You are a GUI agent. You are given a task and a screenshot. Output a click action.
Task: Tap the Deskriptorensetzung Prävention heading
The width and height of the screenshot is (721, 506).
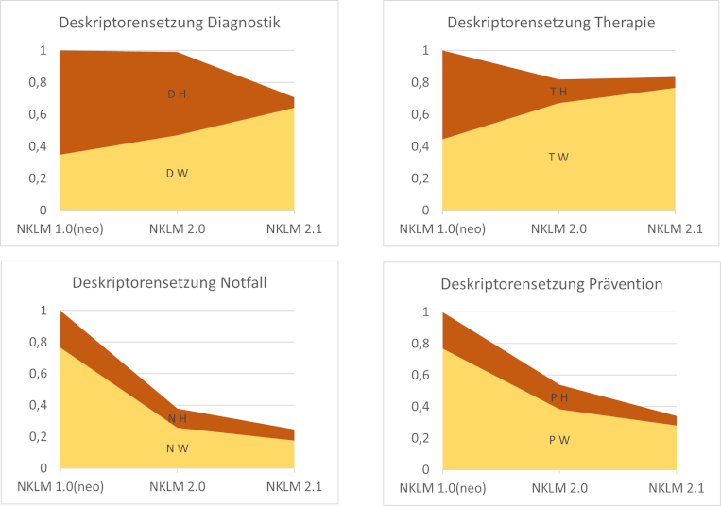point(558,283)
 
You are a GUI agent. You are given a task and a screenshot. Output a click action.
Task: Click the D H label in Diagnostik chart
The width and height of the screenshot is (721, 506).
point(177,93)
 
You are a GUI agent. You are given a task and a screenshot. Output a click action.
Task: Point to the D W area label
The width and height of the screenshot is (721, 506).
point(177,173)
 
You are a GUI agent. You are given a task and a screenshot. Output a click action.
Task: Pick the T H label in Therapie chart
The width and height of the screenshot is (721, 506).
point(558,91)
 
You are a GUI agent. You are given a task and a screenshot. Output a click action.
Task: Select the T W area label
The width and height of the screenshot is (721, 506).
point(558,157)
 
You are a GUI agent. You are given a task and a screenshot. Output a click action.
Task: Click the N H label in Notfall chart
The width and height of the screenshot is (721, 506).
point(178,418)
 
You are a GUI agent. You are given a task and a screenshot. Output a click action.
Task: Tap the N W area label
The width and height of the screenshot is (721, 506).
point(178,448)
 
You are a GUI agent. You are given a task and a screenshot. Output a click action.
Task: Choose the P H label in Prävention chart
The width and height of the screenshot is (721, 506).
point(559,397)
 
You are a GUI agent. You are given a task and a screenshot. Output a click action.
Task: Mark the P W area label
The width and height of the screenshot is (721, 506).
point(559,440)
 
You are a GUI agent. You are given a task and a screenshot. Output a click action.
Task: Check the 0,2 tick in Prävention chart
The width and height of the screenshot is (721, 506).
point(416,438)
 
